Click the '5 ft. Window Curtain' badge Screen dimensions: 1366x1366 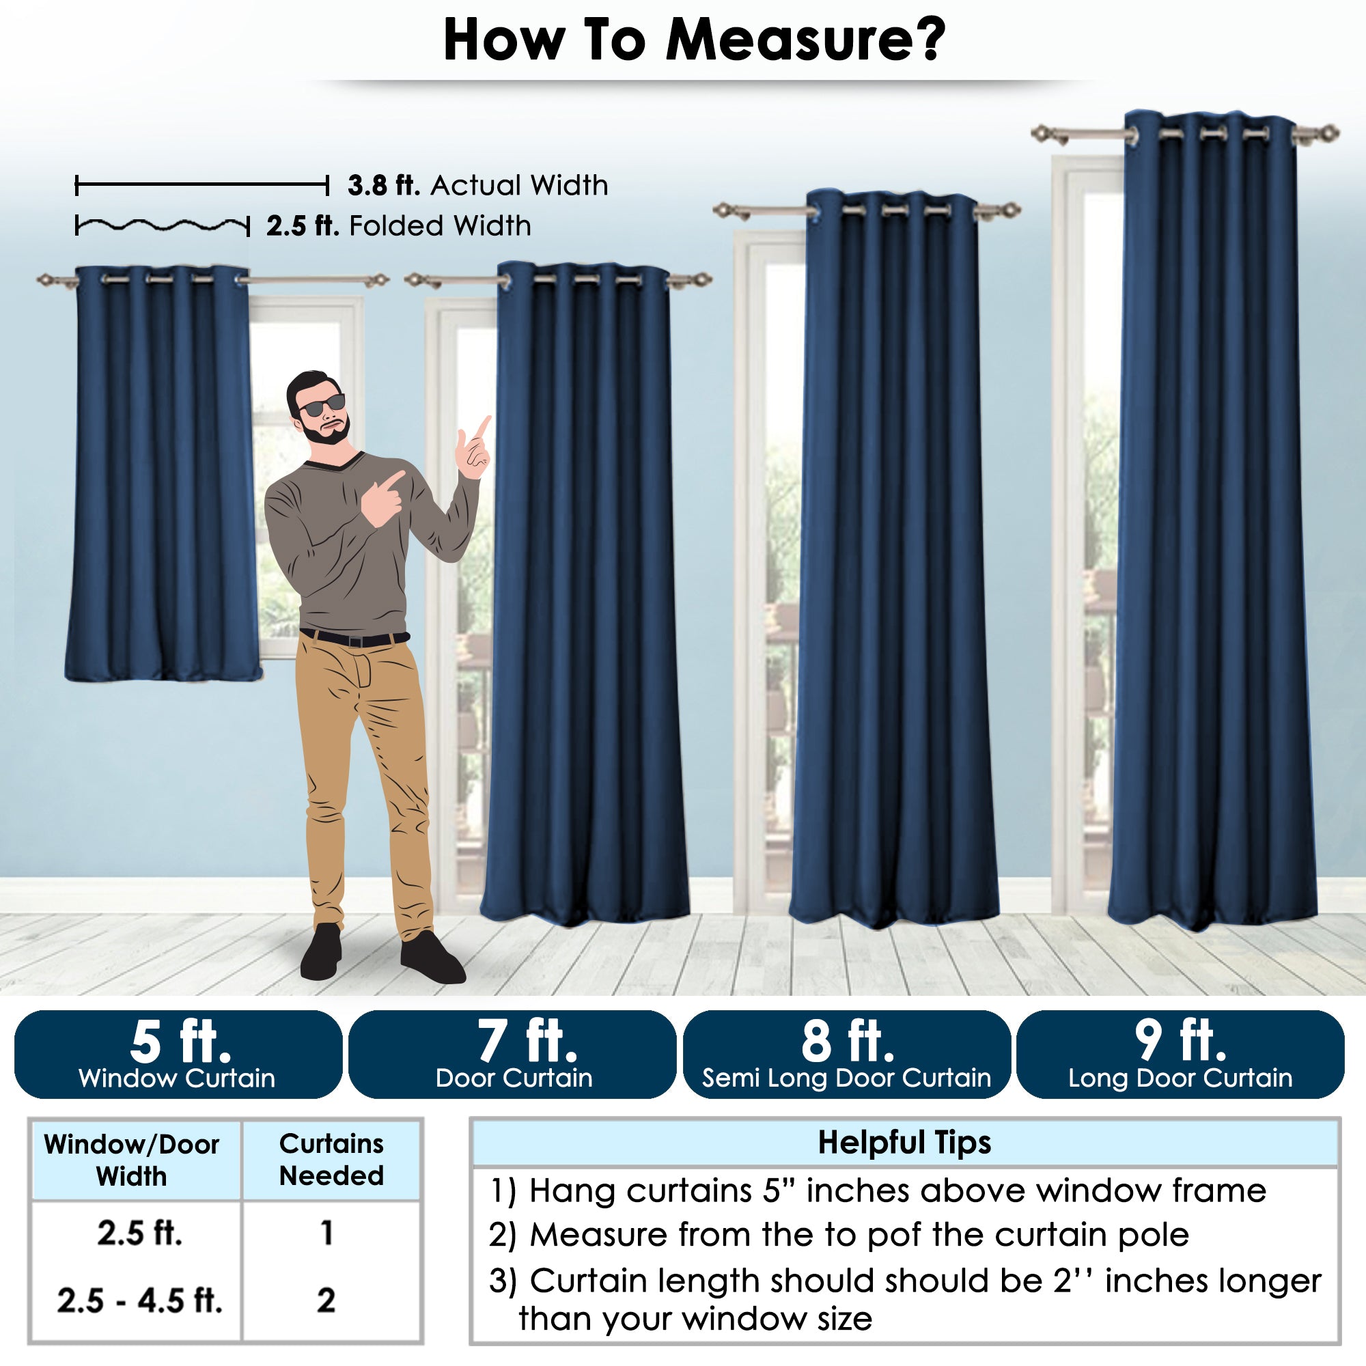[x=178, y=1054]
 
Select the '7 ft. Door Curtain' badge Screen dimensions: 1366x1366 [x=513, y=1054]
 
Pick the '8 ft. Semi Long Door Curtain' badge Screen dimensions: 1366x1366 [x=847, y=1054]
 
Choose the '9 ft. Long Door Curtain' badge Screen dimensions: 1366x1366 [x=1180, y=1054]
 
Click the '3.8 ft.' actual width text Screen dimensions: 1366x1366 [x=384, y=185]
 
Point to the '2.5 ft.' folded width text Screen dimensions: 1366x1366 [x=303, y=226]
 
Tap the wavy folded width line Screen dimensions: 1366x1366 [x=163, y=225]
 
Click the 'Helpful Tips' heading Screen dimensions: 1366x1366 [x=904, y=1143]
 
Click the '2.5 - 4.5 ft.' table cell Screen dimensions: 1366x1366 [x=139, y=1300]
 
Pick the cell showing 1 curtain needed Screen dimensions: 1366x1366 [x=326, y=1233]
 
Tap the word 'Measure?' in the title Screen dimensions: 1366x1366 [x=805, y=40]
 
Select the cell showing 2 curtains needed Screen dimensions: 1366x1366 [x=326, y=1300]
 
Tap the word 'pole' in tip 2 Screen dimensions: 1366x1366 [x=1153, y=1234]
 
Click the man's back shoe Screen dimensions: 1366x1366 [x=322, y=953]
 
